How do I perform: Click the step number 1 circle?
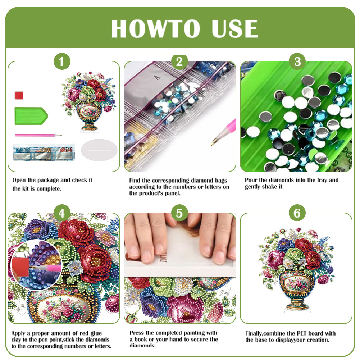click(62, 62)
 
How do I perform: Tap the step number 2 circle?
click(179, 62)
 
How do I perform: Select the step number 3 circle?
click(297, 62)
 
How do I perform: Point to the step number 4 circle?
click(62, 214)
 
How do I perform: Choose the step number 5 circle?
click(179, 214)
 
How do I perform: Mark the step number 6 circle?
click(297, 214)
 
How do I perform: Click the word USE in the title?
click(234, 29)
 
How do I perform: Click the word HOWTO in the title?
click(155, 29)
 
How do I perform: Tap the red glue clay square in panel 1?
click(19, 95)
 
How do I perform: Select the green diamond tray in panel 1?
click(31, 115)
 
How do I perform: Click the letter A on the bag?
click(155, 77)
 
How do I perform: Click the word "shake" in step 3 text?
click(272, 187)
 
